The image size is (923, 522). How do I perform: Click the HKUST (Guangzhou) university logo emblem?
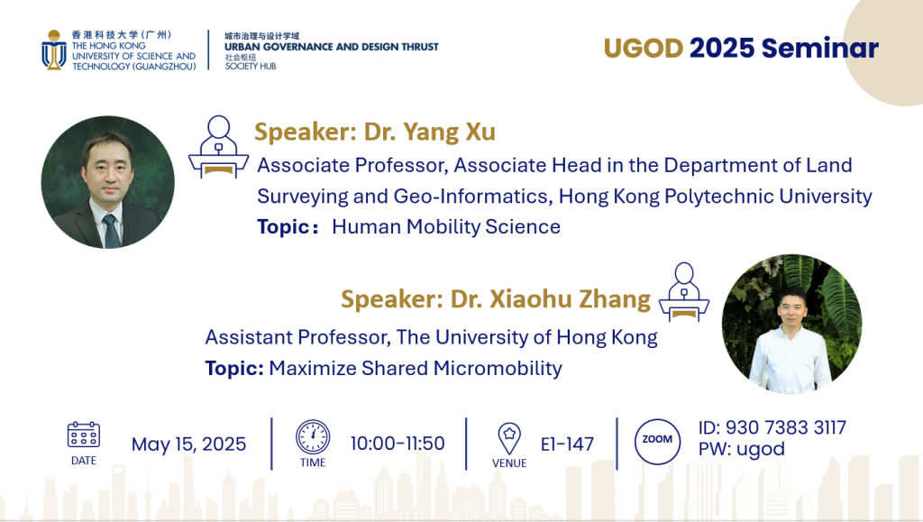coord(54,50)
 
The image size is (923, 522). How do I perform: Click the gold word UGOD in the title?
coord(643,49)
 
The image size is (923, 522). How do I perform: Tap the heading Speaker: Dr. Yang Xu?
coord(374,133)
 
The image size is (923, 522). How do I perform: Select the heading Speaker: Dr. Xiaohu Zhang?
coord(495,298)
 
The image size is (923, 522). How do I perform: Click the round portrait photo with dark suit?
coord(108,182)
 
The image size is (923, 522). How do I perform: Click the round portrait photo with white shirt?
coord(790,324)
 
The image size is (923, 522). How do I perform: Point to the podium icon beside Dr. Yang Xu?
coord(218,147)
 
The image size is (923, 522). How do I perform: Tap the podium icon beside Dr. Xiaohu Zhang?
coord(684,291)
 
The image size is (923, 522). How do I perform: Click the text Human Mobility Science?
coord(446,227)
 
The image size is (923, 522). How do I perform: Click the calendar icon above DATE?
coord(84,435)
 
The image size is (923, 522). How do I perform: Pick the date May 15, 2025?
coord(188,444)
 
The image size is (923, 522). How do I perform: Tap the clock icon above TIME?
coord(313,436)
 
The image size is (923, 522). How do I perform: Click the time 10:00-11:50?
coord(398,444)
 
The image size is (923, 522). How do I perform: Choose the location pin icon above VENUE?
coord(509,438)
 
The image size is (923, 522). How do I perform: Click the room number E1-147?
coord(567,444)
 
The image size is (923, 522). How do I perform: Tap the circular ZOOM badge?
coord(657,439)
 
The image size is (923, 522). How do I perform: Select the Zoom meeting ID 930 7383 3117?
coord(772,428)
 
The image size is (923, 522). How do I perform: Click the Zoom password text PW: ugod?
coord(741,449)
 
